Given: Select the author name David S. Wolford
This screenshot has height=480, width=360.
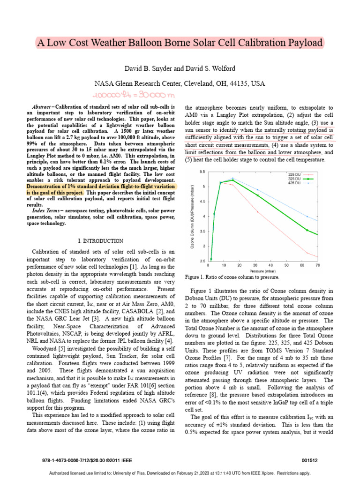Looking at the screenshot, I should [206, 69].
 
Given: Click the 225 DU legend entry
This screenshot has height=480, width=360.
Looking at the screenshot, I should [294, 174].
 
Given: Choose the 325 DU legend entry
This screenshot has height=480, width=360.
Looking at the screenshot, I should [294, 179].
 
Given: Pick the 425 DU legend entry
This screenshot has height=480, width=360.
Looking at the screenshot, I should [294, 183].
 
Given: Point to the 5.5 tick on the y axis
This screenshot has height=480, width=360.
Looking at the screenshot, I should [202, 172].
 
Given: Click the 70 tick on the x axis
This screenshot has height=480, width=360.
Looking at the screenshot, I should [317, 265].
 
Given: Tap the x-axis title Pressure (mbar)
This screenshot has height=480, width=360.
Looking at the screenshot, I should [262, 271].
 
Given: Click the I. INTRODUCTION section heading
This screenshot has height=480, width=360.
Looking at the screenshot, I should [101, 241].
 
